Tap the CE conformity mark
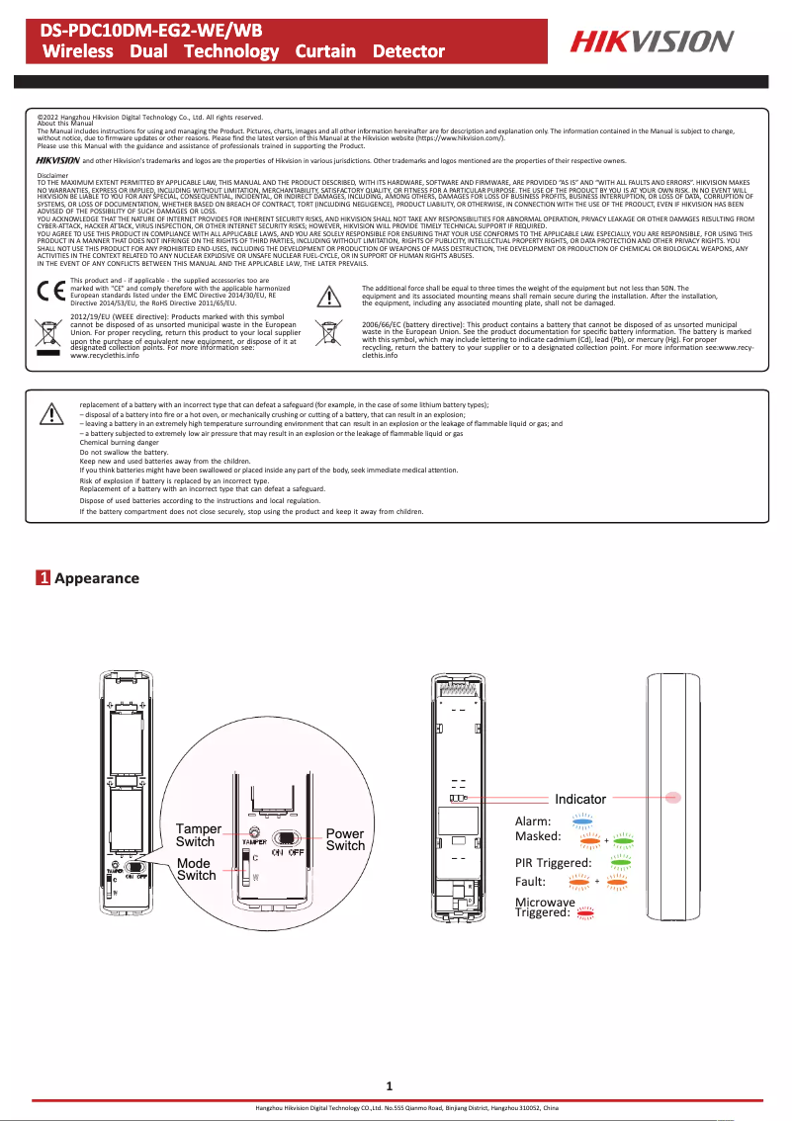[x=50, y=294]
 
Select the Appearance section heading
[x=96, y=578]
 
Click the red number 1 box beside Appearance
[x=44, y=578]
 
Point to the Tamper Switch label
[x=198, y=834]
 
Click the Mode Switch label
[x=196, y=869]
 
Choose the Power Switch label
[x=345, y=839]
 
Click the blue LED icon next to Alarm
[x=582, y=819]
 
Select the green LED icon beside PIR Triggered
[x=621, y=862]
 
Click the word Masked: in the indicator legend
[x=538, y=835]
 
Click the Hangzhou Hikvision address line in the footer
[x=406, y=1109]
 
